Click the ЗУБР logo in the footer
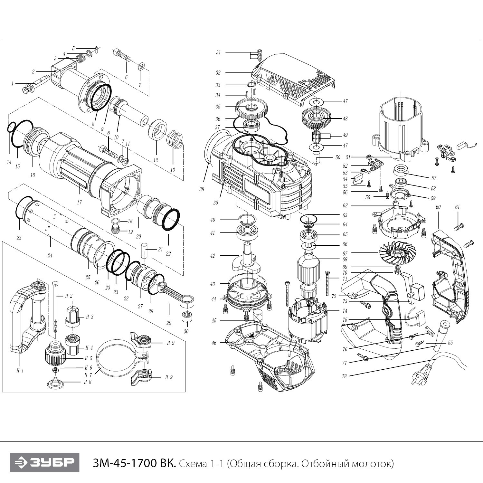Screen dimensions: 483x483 point(44,463)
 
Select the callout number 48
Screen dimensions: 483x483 point(345,119)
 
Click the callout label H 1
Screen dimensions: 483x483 point(20,371)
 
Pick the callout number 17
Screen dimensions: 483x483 point(79,203)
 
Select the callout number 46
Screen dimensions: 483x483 point(214,343)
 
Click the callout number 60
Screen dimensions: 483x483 point(438,207)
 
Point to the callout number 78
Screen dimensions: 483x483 point(345,376)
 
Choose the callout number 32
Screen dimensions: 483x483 point(218,73)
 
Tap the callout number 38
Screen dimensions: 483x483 point(202,189)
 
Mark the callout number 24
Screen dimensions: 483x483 point(50,256)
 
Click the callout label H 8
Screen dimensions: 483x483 point(88,382)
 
